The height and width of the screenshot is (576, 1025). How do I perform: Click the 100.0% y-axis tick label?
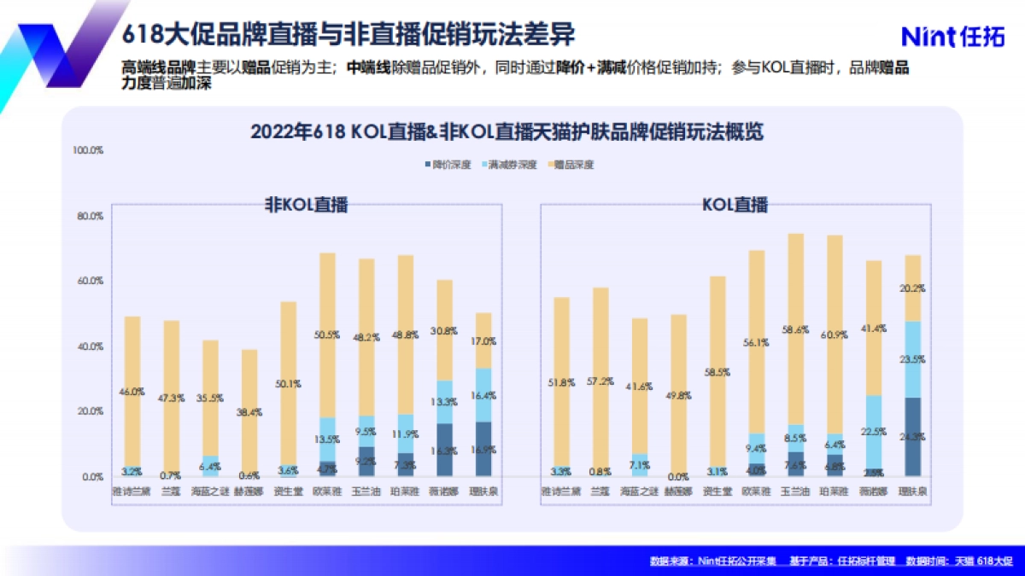tap(88, 150)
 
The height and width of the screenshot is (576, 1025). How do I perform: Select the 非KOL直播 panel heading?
tap(307, 205)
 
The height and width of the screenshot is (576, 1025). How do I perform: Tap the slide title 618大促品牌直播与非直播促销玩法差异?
tap(348, 35)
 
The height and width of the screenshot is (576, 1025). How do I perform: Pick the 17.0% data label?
tap(483, 341)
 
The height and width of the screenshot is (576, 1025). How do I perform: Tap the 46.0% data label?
tap(133, 392)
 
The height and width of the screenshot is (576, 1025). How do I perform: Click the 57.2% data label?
tap(600, 380)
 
